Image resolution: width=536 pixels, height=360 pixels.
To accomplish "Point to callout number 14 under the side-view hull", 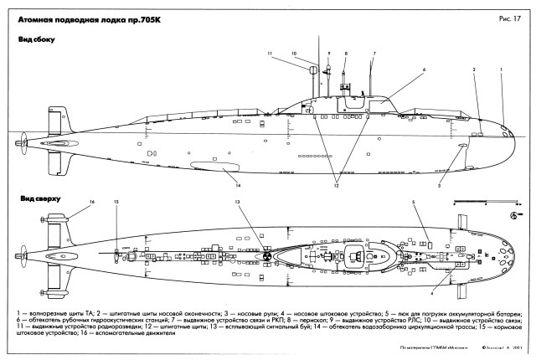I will pyautogui.click(x=238, y=184).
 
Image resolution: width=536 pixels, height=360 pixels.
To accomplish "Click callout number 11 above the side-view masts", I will pyautogui.click(x=271, y=55).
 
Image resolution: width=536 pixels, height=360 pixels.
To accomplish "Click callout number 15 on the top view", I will pyautogui.click(x=116, y=203).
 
